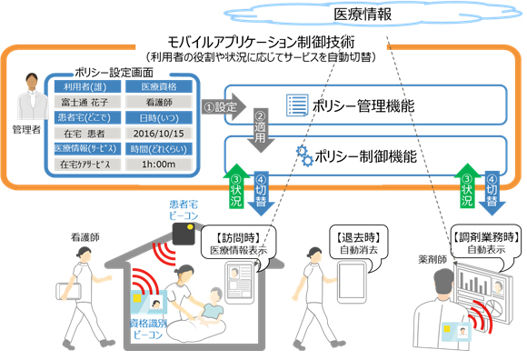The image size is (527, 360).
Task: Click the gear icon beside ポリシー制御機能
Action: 301,155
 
